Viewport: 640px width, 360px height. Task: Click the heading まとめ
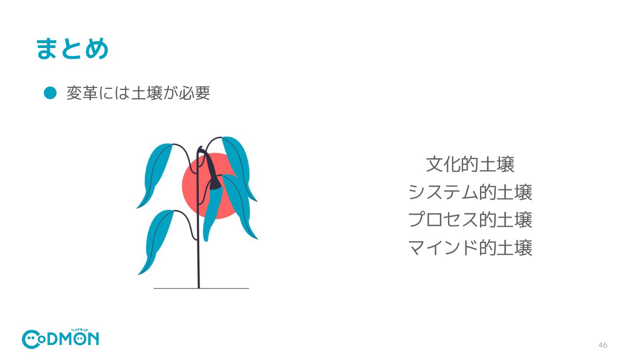point(72,48)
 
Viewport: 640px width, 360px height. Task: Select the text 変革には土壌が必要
point(138,93)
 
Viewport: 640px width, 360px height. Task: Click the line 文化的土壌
point(470,164)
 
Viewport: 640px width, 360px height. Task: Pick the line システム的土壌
point(470,192)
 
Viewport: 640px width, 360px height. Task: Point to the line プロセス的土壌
point(470,220)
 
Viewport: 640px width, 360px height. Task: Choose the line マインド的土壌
point(470,248)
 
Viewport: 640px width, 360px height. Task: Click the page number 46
point(603,345)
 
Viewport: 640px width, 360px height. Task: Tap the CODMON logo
point(60,339)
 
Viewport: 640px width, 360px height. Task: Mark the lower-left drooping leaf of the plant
point(156,240)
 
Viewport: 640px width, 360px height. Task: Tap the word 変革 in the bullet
point(82,93)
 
